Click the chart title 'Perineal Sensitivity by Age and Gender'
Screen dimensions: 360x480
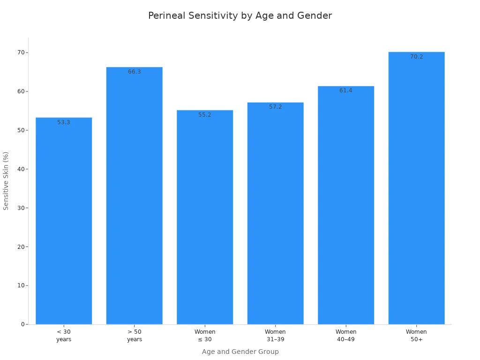(240, 16)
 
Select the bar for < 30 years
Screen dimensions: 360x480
(64, 220)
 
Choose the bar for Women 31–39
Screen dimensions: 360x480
(275, 213)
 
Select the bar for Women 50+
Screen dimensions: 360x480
(416, 188)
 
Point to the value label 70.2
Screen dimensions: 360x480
(416, 57)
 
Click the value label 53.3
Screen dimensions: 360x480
(64, 122)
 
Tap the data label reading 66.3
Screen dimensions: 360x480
(134, 72)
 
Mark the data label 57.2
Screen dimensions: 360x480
(275, 107)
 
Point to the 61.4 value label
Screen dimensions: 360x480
(346, 90)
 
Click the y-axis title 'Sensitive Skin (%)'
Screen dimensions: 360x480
(6, 180)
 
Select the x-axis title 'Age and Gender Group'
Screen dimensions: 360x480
(240, 352)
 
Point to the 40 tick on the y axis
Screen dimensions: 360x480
(21, 169)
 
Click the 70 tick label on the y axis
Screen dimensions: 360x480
(21, 52)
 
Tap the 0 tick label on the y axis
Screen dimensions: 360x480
(22, 324)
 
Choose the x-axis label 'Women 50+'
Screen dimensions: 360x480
(416, 336)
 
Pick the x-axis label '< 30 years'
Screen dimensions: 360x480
(64, 336)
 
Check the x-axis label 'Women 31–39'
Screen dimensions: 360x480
(275, 336)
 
